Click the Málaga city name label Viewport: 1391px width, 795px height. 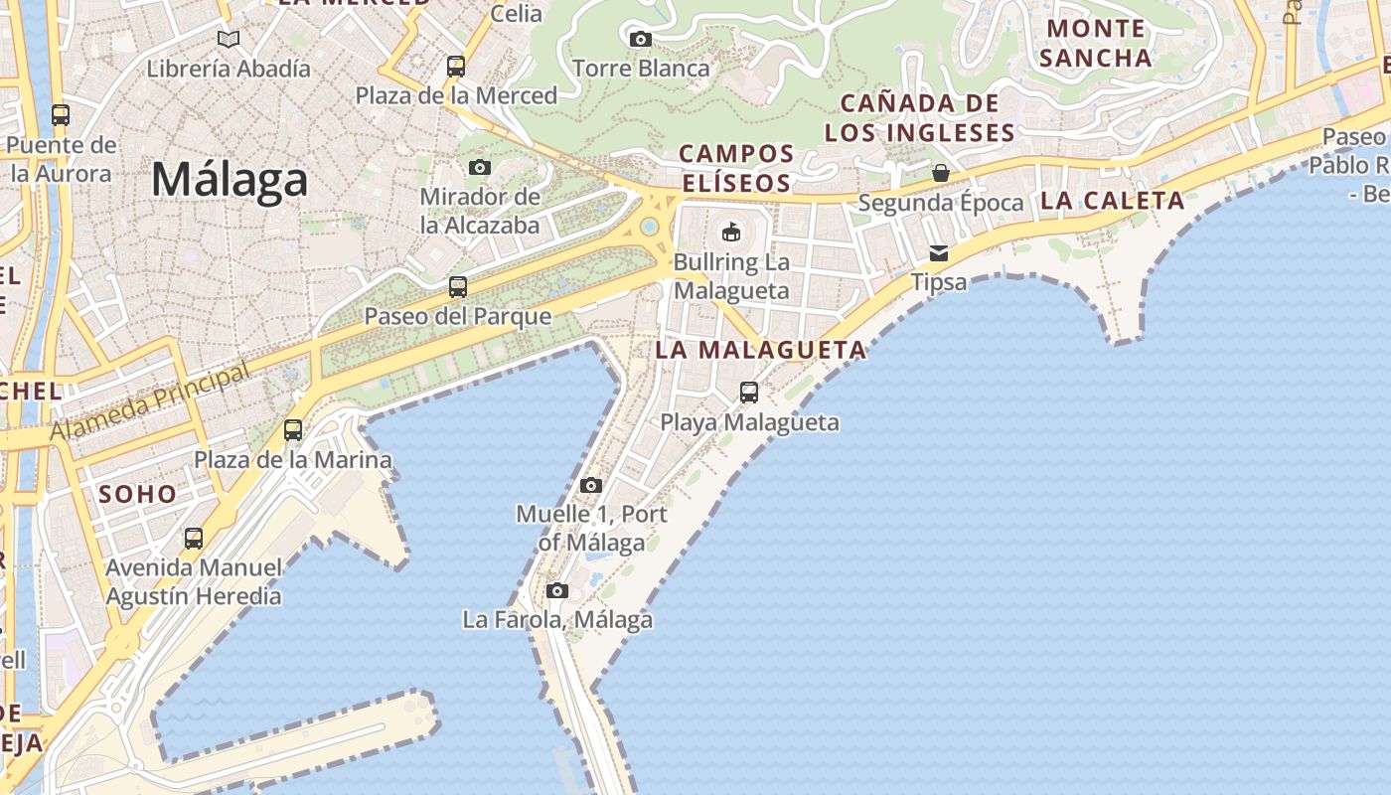(230, 181)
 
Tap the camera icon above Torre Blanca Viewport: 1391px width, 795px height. (641, 39)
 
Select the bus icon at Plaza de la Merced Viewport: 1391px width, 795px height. (456, 67)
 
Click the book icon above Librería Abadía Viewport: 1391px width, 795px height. (229, 39)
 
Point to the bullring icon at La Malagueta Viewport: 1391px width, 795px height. (731, 233)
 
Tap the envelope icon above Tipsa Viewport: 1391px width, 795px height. (939, 253)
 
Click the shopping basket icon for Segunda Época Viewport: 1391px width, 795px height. (941, 174)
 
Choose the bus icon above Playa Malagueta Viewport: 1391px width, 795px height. (749, 393)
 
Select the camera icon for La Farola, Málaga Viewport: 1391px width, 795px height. (557, 590)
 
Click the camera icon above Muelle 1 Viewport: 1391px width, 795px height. (591, 485)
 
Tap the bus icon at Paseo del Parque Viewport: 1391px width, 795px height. (458, 287)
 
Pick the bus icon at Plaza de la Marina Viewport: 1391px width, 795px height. (293, 430)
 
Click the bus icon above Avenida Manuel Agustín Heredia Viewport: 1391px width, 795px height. (194, 539)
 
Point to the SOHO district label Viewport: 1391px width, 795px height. (138, 494)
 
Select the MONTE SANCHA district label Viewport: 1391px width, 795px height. (1096, 43)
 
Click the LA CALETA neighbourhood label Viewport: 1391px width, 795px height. (1112, 201)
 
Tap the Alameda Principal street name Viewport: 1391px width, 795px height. (150, 403)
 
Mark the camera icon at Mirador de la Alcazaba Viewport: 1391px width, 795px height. (480, 167)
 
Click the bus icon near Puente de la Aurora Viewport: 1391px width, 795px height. (61, 115)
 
